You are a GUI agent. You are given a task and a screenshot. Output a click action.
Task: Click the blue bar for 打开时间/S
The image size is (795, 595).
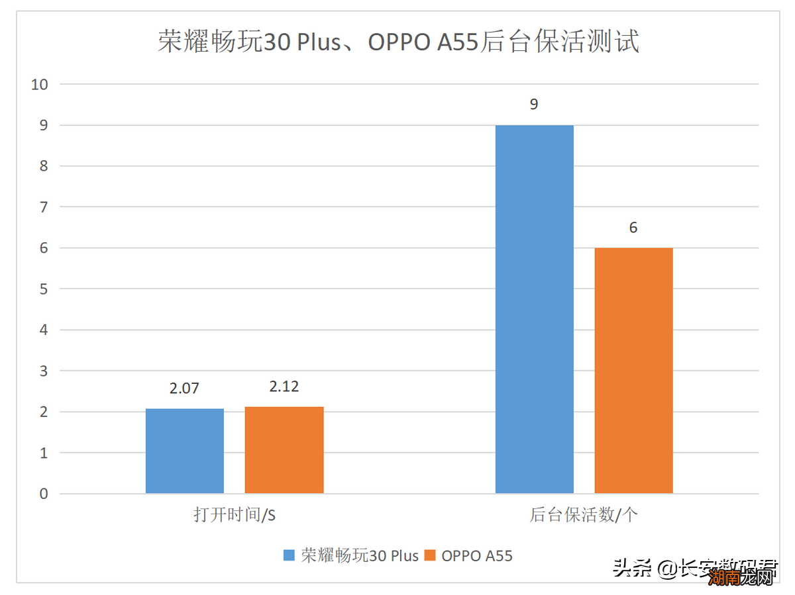[x=185, y=451]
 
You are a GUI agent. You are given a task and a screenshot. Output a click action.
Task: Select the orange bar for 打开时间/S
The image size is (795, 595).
[x=284, y=450]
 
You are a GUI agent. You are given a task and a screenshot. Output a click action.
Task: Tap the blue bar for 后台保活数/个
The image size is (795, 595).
[x=535, y=309]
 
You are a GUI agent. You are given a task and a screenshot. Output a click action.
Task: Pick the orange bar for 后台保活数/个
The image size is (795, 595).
[x=633, y=371]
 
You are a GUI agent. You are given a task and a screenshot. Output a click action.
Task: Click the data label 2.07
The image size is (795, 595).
[x=184, y=389]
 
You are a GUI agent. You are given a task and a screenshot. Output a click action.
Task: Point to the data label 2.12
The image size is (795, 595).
[x=284, y=387]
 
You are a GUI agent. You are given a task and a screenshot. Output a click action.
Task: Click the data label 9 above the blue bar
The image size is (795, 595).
[x=534, y=105]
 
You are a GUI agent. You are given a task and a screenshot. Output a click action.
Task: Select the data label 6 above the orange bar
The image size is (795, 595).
[x=633, y=228]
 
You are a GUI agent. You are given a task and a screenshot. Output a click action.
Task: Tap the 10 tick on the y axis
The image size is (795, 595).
[x=40, y=84]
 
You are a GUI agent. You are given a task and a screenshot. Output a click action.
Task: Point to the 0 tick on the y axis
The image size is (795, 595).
[x=44, y=494]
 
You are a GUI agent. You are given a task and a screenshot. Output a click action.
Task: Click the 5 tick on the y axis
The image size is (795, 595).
[x=44, y=289]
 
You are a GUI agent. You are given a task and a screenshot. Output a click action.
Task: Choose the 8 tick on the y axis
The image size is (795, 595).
[x=44, y=166]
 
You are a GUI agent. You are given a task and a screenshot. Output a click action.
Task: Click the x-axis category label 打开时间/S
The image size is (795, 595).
[x=235, y=516]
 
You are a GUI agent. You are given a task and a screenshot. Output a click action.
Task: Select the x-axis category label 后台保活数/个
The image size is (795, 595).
[x=584, y=516]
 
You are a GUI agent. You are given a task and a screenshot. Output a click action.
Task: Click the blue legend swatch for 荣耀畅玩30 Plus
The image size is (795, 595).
[x=289, y=555]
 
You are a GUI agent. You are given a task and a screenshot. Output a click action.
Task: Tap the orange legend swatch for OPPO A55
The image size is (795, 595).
[x=430, y=555]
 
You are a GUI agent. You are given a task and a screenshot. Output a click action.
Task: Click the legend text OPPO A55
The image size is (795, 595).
[x=477, y=555]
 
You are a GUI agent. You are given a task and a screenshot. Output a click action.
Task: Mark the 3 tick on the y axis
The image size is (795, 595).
[x=44, y=371]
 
